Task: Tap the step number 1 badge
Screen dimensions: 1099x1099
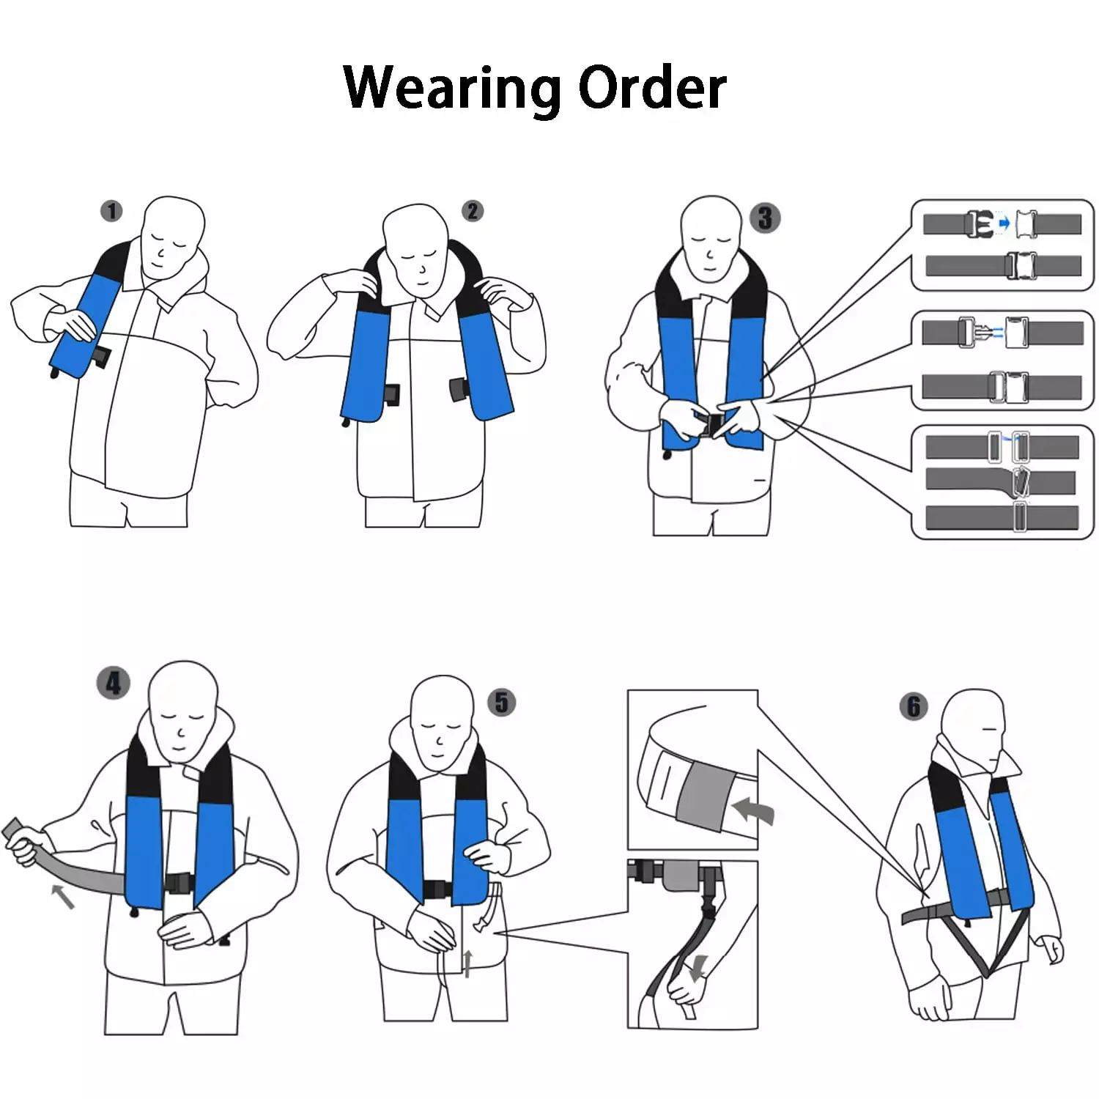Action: pyautogui.click(x=111, y=212)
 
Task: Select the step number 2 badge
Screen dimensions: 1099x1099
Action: pyautogui.click(x=473, y=212)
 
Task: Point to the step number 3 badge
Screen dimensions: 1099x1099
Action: pyautogui.click(x=765, y=218)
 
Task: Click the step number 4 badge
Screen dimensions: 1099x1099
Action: pyautogui.click(x=114, y=684)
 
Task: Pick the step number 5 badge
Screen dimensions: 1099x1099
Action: pyautogui.click(x=502, y=703)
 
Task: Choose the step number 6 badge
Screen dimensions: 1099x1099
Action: pyautogui.click(x=914, y=707)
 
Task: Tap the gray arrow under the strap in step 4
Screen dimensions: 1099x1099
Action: pyautogui.click(x=63, y=896)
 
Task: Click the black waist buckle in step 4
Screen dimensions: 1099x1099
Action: pyautogui.click(x=178, y=884)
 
